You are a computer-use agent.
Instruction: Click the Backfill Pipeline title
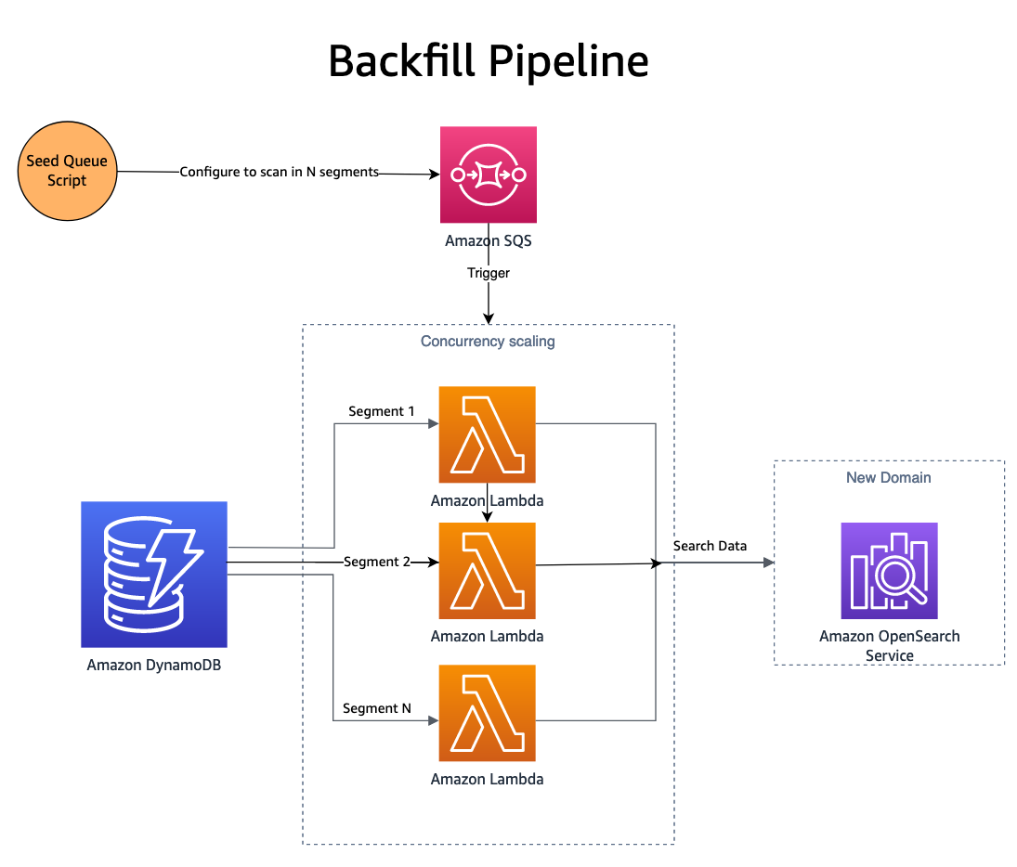488,61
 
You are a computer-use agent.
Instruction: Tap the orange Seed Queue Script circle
67,171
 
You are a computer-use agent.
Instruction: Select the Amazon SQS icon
488,175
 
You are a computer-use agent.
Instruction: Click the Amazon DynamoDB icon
154,574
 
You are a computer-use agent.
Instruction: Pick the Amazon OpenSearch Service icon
889,570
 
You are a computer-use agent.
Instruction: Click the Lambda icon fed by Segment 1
488,433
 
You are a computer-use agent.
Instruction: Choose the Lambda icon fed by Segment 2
488,570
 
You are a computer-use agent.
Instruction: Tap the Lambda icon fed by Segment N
488,712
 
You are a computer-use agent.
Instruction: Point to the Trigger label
488,273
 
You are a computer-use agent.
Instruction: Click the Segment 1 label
381,410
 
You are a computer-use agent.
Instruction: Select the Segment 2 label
376,562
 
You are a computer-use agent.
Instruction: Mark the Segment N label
376,708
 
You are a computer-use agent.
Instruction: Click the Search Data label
710,546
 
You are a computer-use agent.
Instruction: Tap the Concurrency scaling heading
488,342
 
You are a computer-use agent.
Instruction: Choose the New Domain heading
888,477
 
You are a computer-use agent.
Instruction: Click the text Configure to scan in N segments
279,172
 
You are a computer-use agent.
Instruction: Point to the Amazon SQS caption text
488,240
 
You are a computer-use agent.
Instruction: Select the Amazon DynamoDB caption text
154,665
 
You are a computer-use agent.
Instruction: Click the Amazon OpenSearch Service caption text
889,646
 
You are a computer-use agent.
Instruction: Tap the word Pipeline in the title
568,61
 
